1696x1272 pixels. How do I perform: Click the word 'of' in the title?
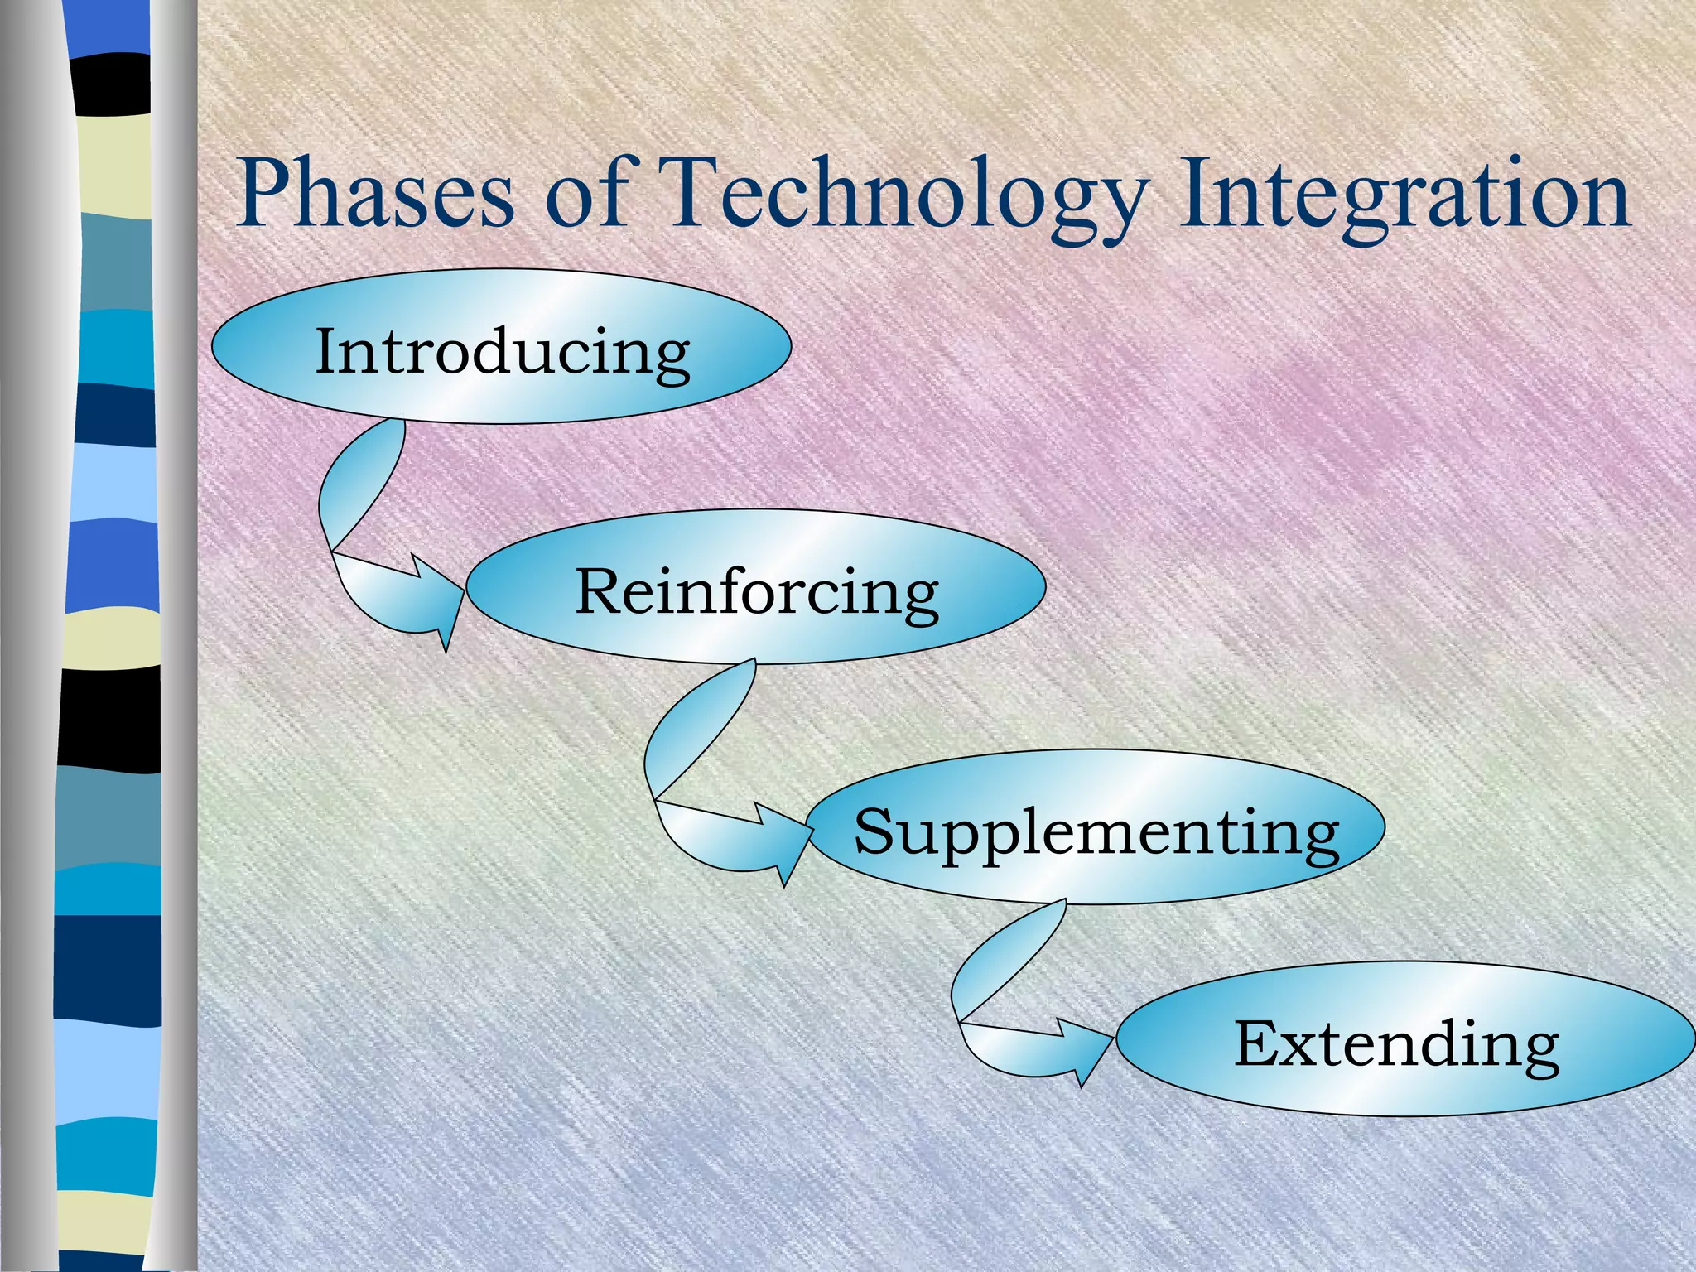(x=591, y=195)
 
